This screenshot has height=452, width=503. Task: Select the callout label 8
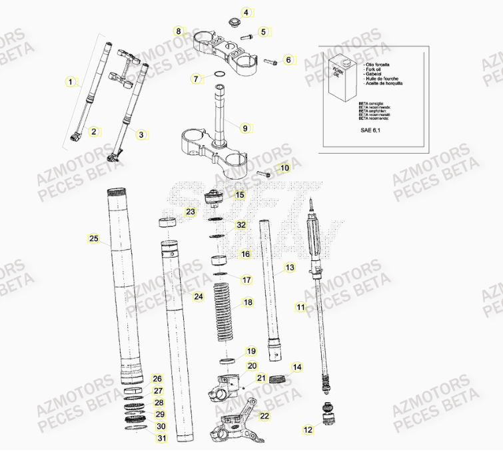pyautogui.click(x=179, y=31)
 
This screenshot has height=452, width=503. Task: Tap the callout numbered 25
pyautogui.click(x=94, y=238)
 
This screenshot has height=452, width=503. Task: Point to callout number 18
pyautogui.click(x=248, y=302)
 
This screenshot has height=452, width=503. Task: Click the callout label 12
pyautogui.click(x=308, y=430)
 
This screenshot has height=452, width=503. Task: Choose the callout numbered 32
pyautogui.click(x=241, y=226)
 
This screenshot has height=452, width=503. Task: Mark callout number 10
pyautogui.click(x=284, y=168)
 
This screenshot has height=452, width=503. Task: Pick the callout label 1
pyautogui.click(x=71, y=82)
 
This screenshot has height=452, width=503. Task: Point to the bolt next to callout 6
pyautogui.click(x=270, y=63)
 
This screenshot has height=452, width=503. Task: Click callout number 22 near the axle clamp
pyautogui.click(x=265, y=416)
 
